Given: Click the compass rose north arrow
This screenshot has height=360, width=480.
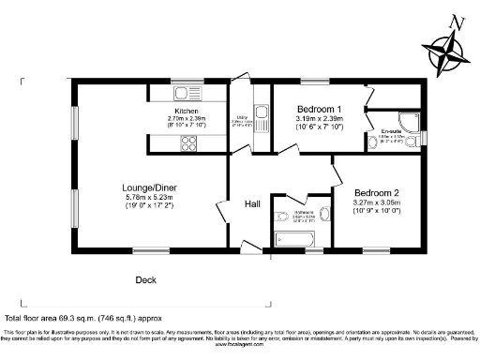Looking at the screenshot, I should pos(448,47).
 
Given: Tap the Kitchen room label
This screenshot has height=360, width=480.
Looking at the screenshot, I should pos(186,111).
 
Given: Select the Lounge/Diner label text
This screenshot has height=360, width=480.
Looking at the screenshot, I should pos(153,187).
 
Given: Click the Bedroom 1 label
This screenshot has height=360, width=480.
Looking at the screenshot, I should pos(319,110).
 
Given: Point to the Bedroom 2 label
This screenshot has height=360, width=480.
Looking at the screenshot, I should pos(377,191).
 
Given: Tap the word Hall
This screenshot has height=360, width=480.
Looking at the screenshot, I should pos(253,203).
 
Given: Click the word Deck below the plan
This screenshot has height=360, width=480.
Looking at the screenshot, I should pos(146,278).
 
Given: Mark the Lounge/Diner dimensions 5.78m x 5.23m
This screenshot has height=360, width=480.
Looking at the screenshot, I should pos(153,197).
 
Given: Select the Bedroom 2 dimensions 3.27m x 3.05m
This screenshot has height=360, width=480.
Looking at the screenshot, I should pos(377,202).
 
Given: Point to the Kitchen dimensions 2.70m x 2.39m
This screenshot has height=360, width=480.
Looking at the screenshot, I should pos(186,119).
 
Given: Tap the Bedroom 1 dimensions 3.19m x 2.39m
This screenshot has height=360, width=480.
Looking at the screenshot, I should pos(319,120).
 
